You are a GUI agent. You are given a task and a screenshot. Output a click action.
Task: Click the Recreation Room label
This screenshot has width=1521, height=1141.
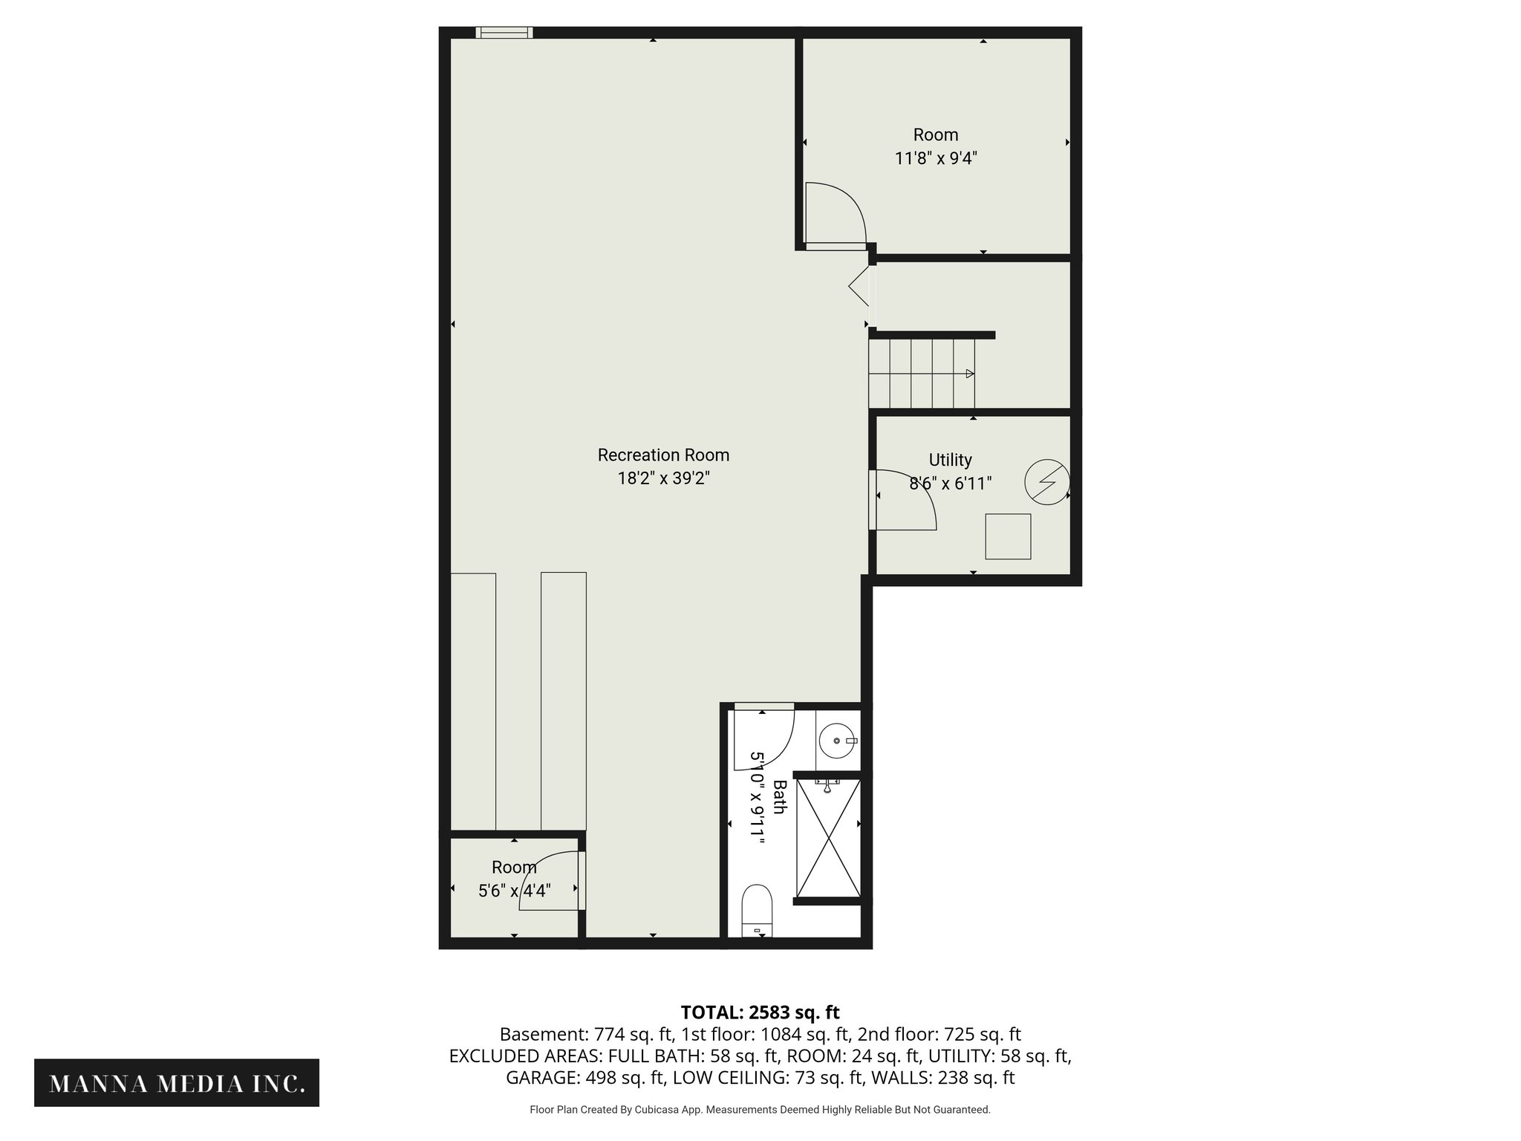click(x=663, y=455)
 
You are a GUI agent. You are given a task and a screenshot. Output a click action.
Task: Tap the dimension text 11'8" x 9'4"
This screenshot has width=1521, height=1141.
click(x=935, y=158)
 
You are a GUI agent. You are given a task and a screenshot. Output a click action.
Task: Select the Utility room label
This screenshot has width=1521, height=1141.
click(x=950, y=460)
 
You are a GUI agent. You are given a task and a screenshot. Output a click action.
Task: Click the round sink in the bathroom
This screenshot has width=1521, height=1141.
click(x=837, y=741)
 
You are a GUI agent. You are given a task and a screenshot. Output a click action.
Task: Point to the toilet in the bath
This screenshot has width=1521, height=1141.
click(x=757, y=909)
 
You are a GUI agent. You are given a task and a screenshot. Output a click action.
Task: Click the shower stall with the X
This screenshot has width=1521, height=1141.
click(x=828, y=837)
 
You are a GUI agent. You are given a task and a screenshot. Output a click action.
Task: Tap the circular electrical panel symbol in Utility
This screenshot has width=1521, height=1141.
click(x=1046, y=483)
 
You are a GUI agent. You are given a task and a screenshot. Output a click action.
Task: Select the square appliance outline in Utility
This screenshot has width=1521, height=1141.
click(x=1008, y=536)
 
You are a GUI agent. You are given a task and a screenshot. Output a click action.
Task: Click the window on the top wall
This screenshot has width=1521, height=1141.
click(x=504, y=32)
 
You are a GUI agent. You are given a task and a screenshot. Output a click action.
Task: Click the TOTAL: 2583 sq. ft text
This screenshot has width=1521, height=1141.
click(x=760, y=1012)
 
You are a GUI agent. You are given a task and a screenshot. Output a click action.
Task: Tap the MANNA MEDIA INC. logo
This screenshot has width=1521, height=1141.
click(x=177, y=1084)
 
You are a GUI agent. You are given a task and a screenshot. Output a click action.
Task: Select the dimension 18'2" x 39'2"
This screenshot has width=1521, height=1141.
click(x=663, y=478)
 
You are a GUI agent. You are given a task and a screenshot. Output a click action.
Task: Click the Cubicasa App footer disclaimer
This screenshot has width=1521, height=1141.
click(x=760, y=1110)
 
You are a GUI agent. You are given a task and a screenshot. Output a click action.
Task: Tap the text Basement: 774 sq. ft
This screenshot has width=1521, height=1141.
click(x=586, y=1034)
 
